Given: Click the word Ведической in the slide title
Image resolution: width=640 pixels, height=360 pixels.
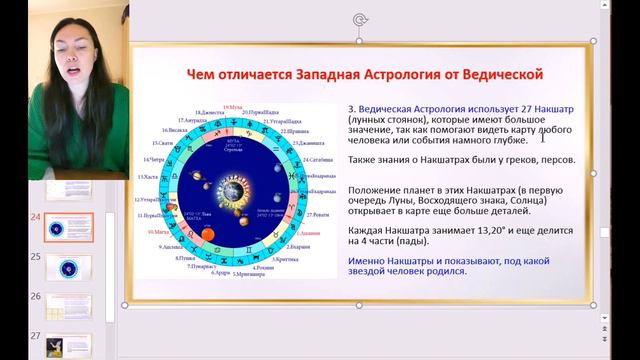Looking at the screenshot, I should pyautogui.click(x=492, y=74).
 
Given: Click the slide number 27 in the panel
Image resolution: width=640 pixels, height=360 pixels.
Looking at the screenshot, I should pyautogui.click(x=36, y=336).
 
